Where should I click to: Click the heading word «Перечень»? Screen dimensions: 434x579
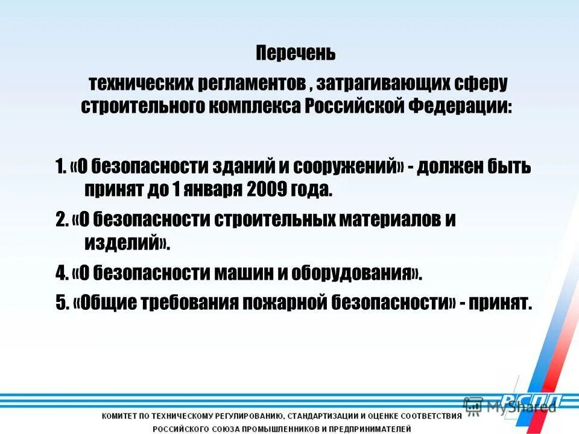(296, 53)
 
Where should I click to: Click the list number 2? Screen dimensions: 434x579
(60, 220)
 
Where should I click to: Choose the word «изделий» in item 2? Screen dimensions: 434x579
(121, 243)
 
